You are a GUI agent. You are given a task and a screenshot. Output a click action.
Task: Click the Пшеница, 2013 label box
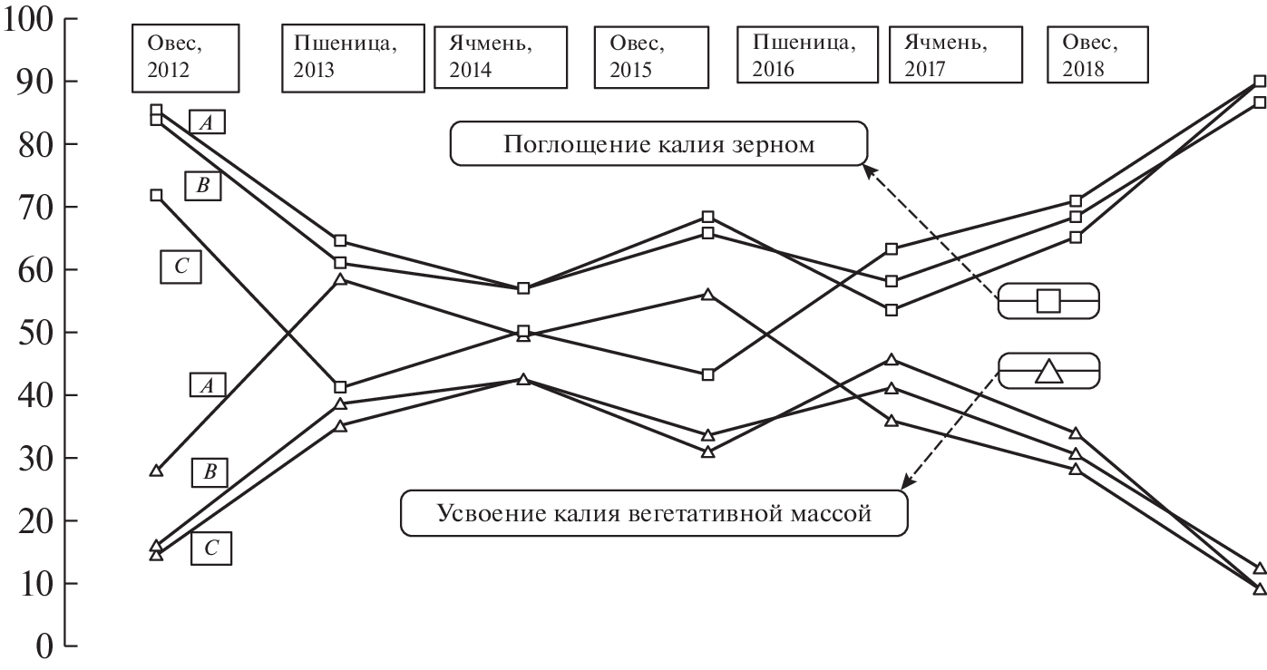point(353,58)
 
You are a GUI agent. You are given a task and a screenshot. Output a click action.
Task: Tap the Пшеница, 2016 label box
point(804,58)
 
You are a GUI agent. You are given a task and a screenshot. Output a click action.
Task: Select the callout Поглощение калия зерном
point(658,145)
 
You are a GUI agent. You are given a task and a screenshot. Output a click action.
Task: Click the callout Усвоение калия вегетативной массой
point(653,514)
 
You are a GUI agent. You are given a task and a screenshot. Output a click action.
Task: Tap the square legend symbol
point(1048,300)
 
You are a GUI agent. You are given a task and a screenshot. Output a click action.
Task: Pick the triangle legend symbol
point(1048,372)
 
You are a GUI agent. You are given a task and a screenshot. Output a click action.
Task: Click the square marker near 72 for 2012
point(156,195)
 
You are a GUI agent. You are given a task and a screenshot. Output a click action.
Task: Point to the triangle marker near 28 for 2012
point(156,471)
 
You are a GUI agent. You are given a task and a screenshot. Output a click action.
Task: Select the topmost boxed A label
point(207,121)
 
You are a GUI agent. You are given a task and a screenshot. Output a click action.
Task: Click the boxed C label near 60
point(180,267)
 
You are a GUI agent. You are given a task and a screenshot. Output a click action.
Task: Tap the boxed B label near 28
point(209,471)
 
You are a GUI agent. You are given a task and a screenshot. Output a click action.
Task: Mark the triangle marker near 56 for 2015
point(708,295)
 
